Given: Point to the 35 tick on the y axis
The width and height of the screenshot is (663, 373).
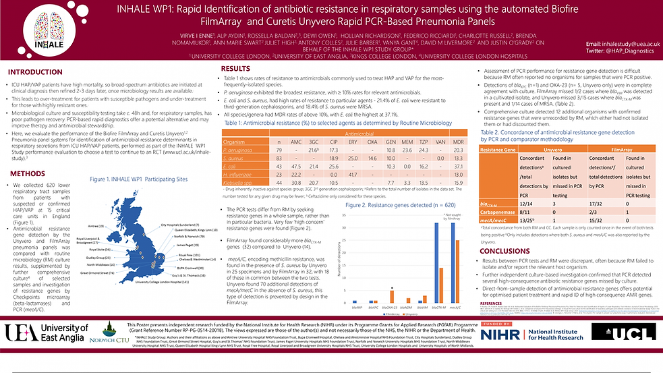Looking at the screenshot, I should click(344, 215).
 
